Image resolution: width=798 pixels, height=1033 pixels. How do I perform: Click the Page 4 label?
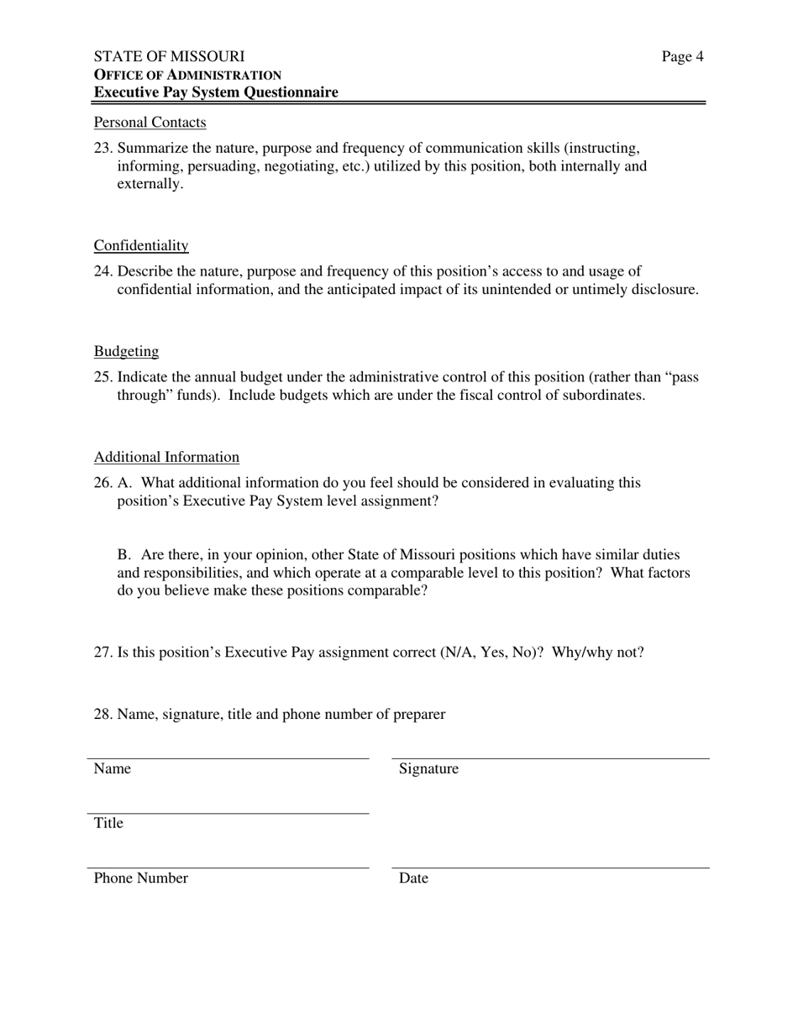pos(682,56)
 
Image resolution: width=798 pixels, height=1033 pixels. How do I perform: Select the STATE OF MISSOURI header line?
pos(169,56)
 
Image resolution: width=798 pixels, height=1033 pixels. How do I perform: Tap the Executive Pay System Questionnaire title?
pos(216,92)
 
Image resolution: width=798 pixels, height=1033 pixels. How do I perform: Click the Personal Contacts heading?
pos(150,123)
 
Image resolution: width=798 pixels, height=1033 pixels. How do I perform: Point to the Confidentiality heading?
pos(141,245)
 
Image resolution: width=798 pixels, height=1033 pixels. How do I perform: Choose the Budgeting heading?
pos(126,351)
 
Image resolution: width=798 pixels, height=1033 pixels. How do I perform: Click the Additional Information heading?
pos(166,457)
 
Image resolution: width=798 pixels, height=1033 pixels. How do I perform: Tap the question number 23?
pos(102,148)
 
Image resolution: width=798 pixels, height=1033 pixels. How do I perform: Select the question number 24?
pos(102,271)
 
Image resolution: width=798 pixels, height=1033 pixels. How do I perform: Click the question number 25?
pos(102,377)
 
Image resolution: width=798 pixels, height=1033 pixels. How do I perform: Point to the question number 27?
pos(102,652)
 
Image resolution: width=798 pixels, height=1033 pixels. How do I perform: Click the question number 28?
pos(102,714)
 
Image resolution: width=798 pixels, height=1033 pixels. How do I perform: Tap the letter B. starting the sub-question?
pos(124,554)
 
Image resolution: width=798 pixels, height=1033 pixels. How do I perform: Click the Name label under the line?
pos(112,768)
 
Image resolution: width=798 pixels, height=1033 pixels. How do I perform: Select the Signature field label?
pos(428,768)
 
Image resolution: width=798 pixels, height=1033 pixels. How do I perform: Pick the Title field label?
pos(108,823)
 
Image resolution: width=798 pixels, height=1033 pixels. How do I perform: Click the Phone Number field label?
pos(140,878)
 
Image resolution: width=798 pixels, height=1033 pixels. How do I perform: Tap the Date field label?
pos(413,878)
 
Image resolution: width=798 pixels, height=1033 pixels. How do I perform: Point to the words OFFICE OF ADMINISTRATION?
pos(187,75)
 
